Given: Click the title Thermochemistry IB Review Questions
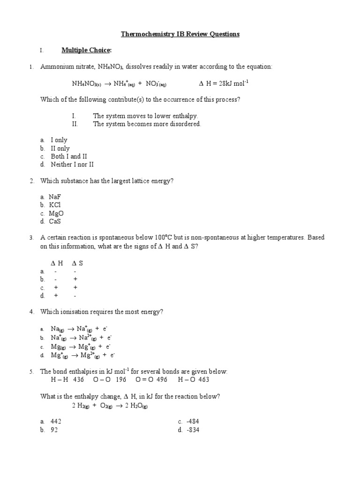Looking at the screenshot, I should [x=180, y=34].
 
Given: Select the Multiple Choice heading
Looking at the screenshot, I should [x=87, y=50].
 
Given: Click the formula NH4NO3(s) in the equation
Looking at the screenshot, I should [x=86, y=84].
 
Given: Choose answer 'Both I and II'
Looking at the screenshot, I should [x=69, y=157].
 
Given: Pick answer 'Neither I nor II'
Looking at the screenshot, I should [x=72, y=165].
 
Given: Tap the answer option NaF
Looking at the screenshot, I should [x=55, y=197].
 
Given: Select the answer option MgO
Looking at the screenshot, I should [x=56, y=213].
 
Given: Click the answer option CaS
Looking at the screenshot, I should [x=55, y=221].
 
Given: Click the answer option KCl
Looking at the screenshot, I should [x=55, y=205].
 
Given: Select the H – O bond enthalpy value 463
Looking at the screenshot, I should [x=202, y=380].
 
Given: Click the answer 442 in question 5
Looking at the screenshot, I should [x=56, y=421].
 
